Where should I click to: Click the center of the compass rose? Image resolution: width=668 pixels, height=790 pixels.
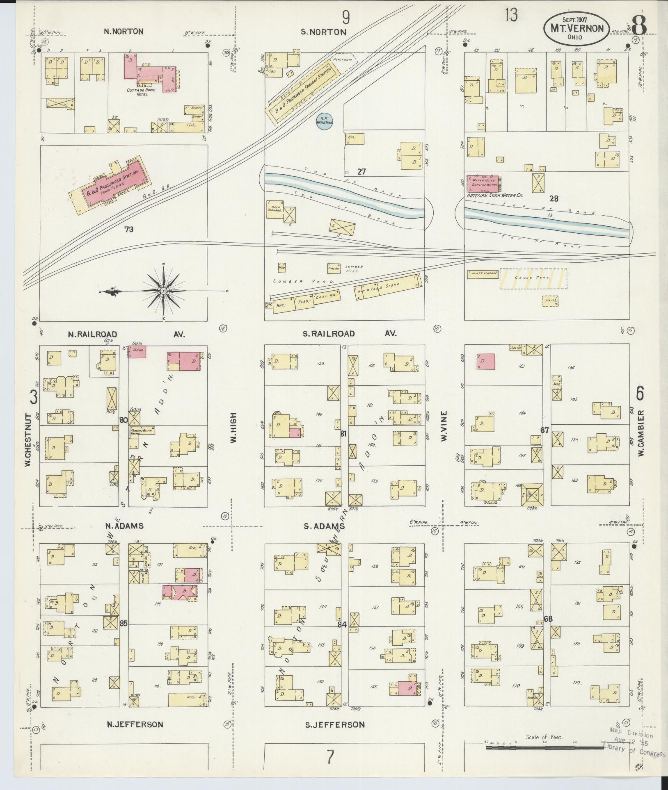point(163,291)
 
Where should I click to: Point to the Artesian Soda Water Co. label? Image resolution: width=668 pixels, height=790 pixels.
point(495,196)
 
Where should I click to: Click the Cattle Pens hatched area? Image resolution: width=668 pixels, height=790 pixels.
point(533,278)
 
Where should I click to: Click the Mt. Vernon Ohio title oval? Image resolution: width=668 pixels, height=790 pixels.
point(576,29)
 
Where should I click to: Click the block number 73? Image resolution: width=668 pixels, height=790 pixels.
point(129,230)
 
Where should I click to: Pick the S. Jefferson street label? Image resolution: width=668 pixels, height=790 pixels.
point(335,724)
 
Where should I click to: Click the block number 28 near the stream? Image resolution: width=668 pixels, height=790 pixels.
point(554,199)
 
